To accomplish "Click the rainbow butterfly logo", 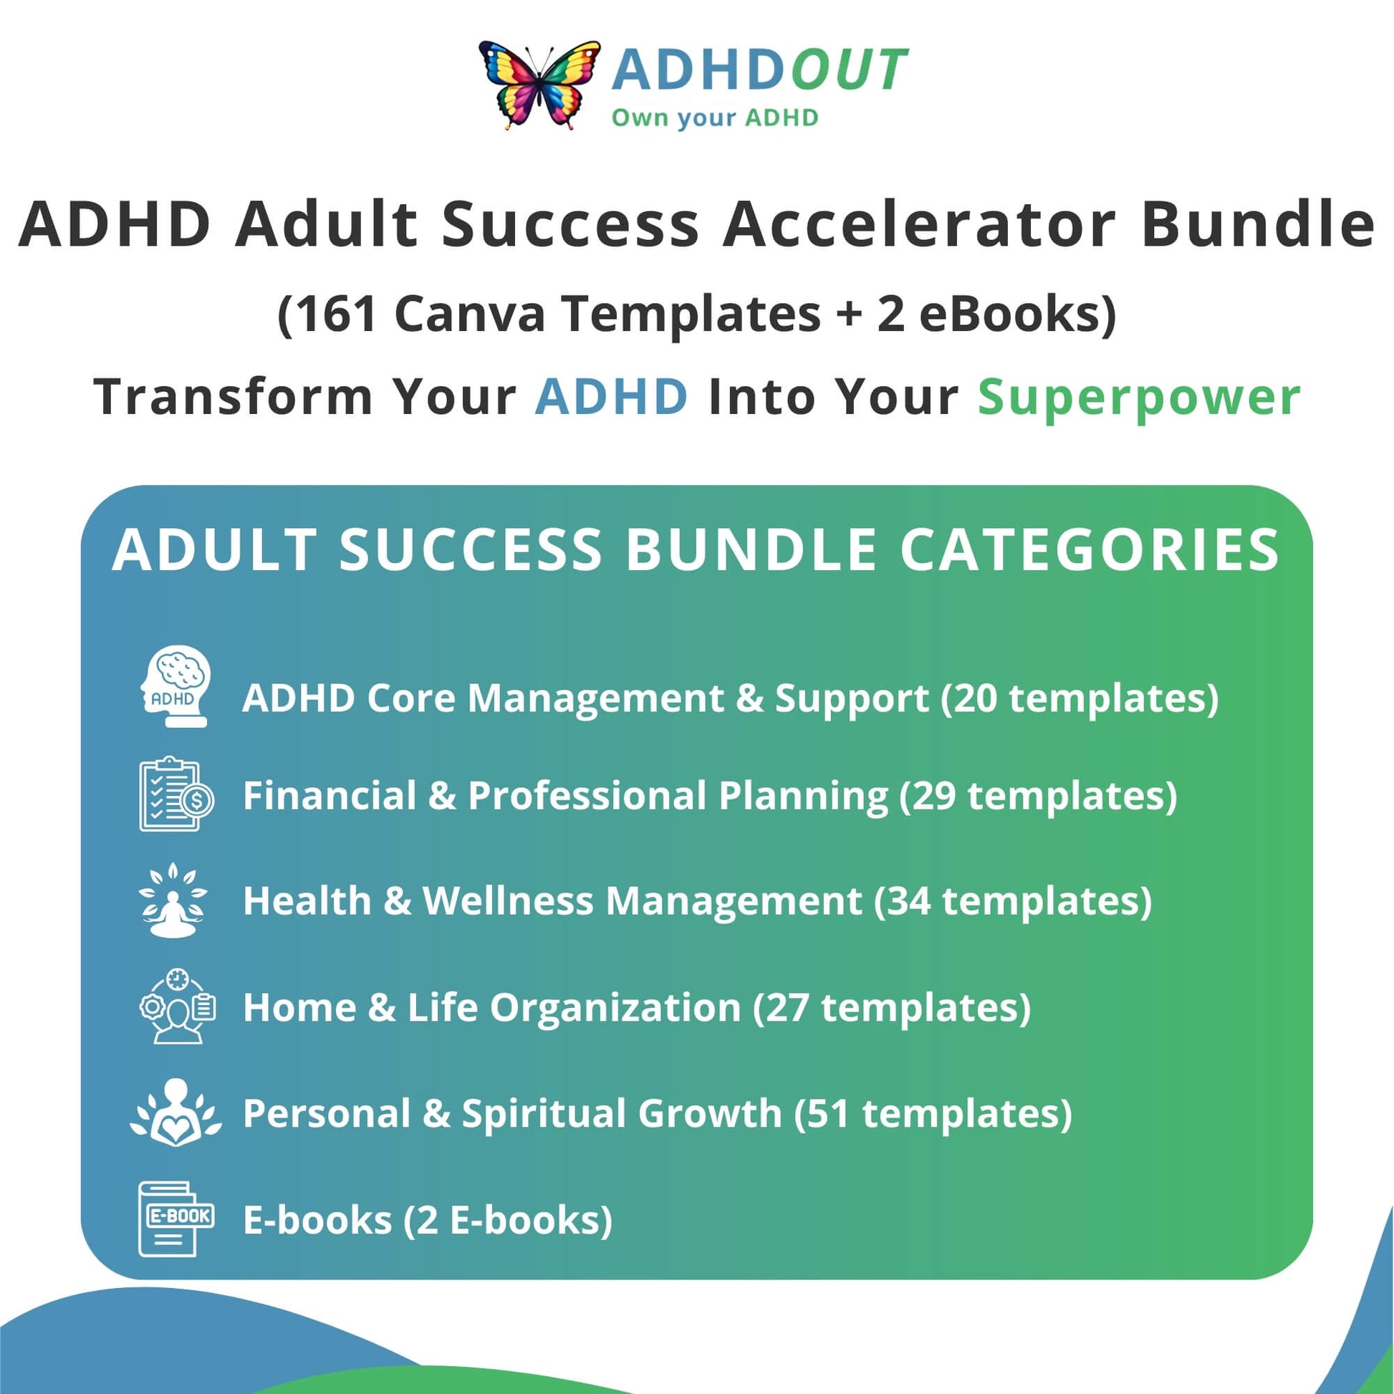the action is pyautogui.click(x=539, y=85).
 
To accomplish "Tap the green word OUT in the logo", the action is pyautogui.click(x=850, y=70).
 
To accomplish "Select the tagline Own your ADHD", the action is pyautogui.click(x=715, y=117).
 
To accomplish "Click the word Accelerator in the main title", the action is pyautogui.click(x=919, y=224).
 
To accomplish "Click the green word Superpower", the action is pyautogui.click(x=1139, y=398).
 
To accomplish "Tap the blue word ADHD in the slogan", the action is pyautogui.click(x=611, y=396).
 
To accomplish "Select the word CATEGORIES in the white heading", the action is pyautogui.click(x=1090, y=550).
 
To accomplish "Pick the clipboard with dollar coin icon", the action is pyautogui.click(x=176, y=794).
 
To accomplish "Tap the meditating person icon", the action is pyautogui.click(x=173, y=900).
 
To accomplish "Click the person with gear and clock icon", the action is pyautogui.click(x=177, y=1006).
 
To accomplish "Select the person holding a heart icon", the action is pyautogui.click(x=176, y=1112).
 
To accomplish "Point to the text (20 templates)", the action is pyautogui.click(x=1080, y=698).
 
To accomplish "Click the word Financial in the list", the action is pyautogui.click(x=330, y=795).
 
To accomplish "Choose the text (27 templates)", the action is pyautogui.click(x=892, y=1007).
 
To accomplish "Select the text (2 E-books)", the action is pyautogui.click(x=508, y=1220).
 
